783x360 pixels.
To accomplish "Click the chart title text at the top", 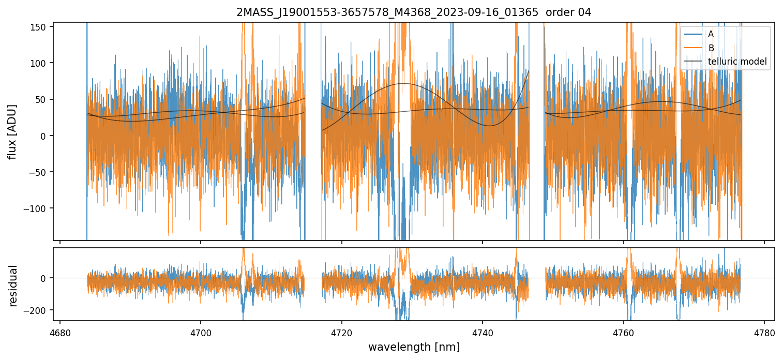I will (413, 12).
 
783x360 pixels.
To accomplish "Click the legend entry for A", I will (711, 34).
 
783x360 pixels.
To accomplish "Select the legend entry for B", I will (711, 48).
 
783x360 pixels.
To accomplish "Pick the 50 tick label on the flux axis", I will (43, 99).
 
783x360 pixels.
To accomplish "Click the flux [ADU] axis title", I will (12, 131).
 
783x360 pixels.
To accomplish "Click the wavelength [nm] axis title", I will (414, 347).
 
